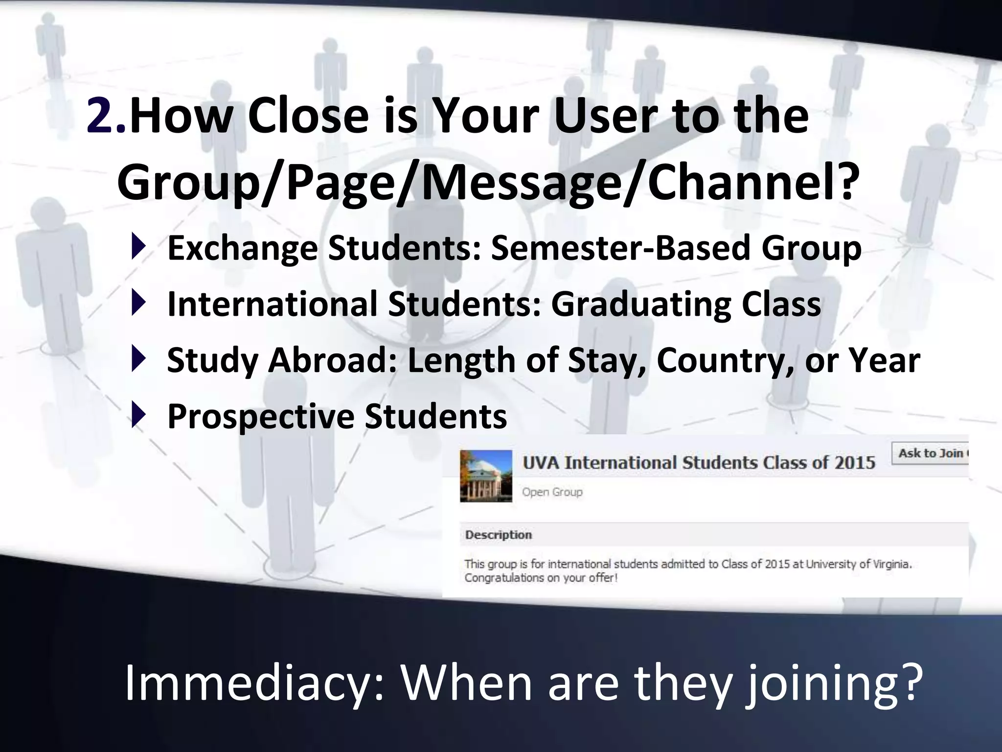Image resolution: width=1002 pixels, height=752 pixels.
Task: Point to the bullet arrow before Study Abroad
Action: (x=138, y=359)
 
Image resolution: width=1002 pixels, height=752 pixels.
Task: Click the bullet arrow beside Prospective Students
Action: (x=138, y=415)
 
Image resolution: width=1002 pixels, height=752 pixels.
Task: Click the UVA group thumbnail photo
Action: (x=486, y=476)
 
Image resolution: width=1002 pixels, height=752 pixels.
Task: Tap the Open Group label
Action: (x=552, y=492)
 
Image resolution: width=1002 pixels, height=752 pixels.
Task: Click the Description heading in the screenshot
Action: (x=499, y=535)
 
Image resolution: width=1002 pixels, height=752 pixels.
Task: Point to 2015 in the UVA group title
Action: (x=854, y=463)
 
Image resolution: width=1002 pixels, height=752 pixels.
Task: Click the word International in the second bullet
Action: (x=272, y=304)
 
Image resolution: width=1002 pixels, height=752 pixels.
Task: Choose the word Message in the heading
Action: (x=517, y=182)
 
